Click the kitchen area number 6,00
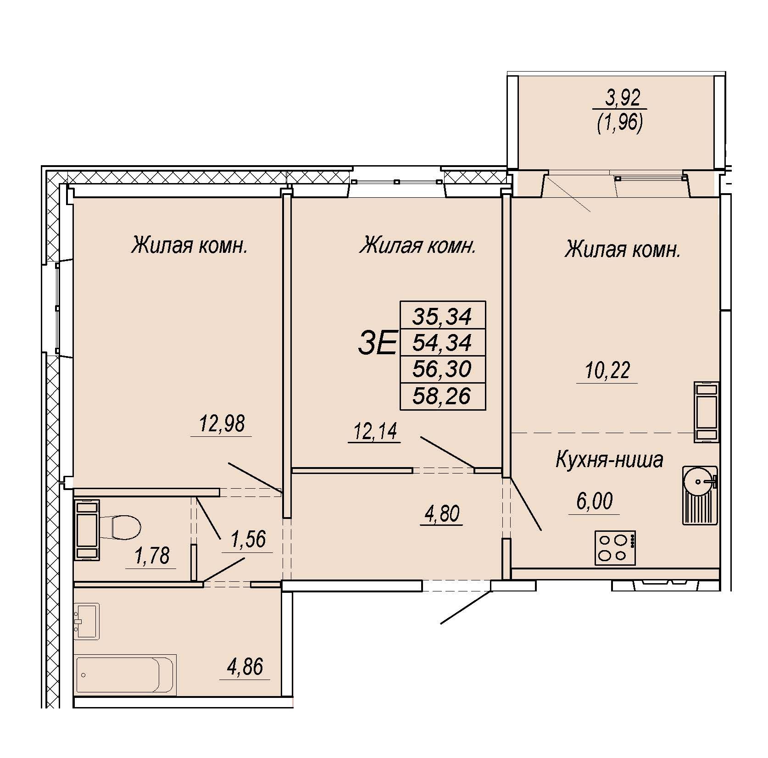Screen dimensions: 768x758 tap(594, 501)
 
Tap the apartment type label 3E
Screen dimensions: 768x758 tap(376, 344)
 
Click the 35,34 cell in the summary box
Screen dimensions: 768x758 tap(442, 316)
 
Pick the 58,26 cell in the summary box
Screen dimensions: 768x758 tap(442, 396)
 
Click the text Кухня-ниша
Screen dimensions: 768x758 tap(609, 460)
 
